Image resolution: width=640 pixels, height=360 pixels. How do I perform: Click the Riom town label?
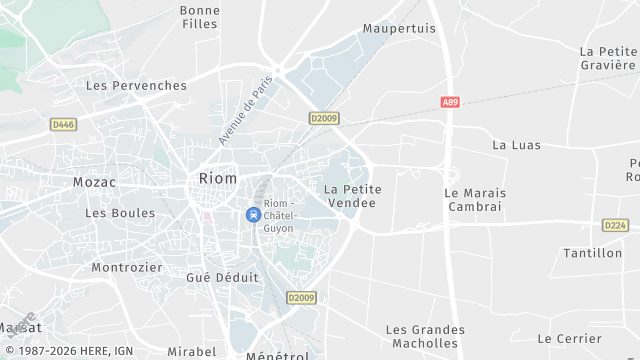pyautogui.click(x=218, y=178)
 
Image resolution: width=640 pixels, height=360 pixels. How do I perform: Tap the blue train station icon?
pyautogui.click(x=253, y=214)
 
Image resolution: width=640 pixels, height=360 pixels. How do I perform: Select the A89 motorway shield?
pyautogui.click(x=451, y=101)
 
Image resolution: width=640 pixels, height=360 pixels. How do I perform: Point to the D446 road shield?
pyautogui.click(x=63, y=124)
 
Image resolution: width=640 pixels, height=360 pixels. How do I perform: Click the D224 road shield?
pyautogui.click(x=615, y=225)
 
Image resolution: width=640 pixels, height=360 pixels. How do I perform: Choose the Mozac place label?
pyautogui.click(x=95, y=182)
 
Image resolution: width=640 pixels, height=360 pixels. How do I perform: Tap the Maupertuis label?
pyautogui.click(x=400, y=28)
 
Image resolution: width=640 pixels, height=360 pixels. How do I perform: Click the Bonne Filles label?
pyautogui.click(x=200, y=17)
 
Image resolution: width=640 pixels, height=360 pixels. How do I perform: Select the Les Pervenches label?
pyautogui.click(x=136, y=85)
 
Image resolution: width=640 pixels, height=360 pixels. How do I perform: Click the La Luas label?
pyautogui.click(x=516, y=145)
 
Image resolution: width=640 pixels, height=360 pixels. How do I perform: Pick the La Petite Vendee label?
pyautogui.click(x=350, y=195)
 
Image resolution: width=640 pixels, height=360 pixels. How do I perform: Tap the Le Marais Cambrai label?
pyautogui.click(x=475, y=199)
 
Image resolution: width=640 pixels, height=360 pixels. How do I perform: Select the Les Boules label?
pyautogui.click(x=120, y=212)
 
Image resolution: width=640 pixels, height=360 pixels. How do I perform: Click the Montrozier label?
pyautogui.click(x=126, y=267)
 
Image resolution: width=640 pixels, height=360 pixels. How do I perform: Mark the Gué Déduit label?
pyautogui.click(x=222, y=277)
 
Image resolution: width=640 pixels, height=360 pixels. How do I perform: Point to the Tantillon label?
pyautogui.click(x=592, y=253)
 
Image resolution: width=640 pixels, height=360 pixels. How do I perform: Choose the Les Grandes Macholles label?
pyautogui.click(x=425, y=337)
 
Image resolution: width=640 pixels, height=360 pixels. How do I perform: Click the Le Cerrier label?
pyautogui.click(x=570, y=338)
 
